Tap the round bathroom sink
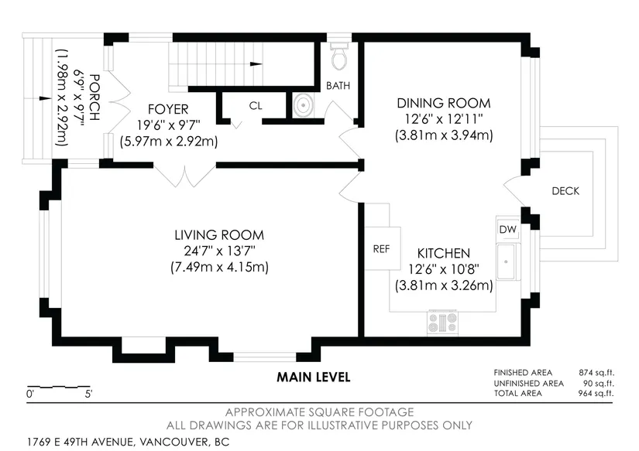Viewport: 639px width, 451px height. (x=303, y=105)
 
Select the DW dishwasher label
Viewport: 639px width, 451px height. (x=508, y=229)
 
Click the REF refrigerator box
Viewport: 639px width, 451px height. (x=383, y=248)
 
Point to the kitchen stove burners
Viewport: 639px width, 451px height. (x=442, y=323)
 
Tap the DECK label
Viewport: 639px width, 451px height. (x=565, y=191)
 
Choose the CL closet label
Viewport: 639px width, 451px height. (x=256, y=106)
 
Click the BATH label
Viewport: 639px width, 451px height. (x=338, y=85)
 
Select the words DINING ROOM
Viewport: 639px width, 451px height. (x=443, y=103)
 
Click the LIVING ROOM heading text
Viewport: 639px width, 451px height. (x=219, y=235)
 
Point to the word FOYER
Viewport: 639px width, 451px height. (x=168, y=109)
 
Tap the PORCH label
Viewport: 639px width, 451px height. (x=94, y=97)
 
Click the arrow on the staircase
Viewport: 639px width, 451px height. (x=256, y=64)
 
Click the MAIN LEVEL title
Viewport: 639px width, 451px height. (x=314, y=377)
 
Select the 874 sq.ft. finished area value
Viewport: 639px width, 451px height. (x=596, y=372)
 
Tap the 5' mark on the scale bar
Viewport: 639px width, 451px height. (x=88, y=394)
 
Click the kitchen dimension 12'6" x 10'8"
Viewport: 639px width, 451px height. (x=443, y=269)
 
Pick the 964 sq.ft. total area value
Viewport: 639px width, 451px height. (x=596, y=393)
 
